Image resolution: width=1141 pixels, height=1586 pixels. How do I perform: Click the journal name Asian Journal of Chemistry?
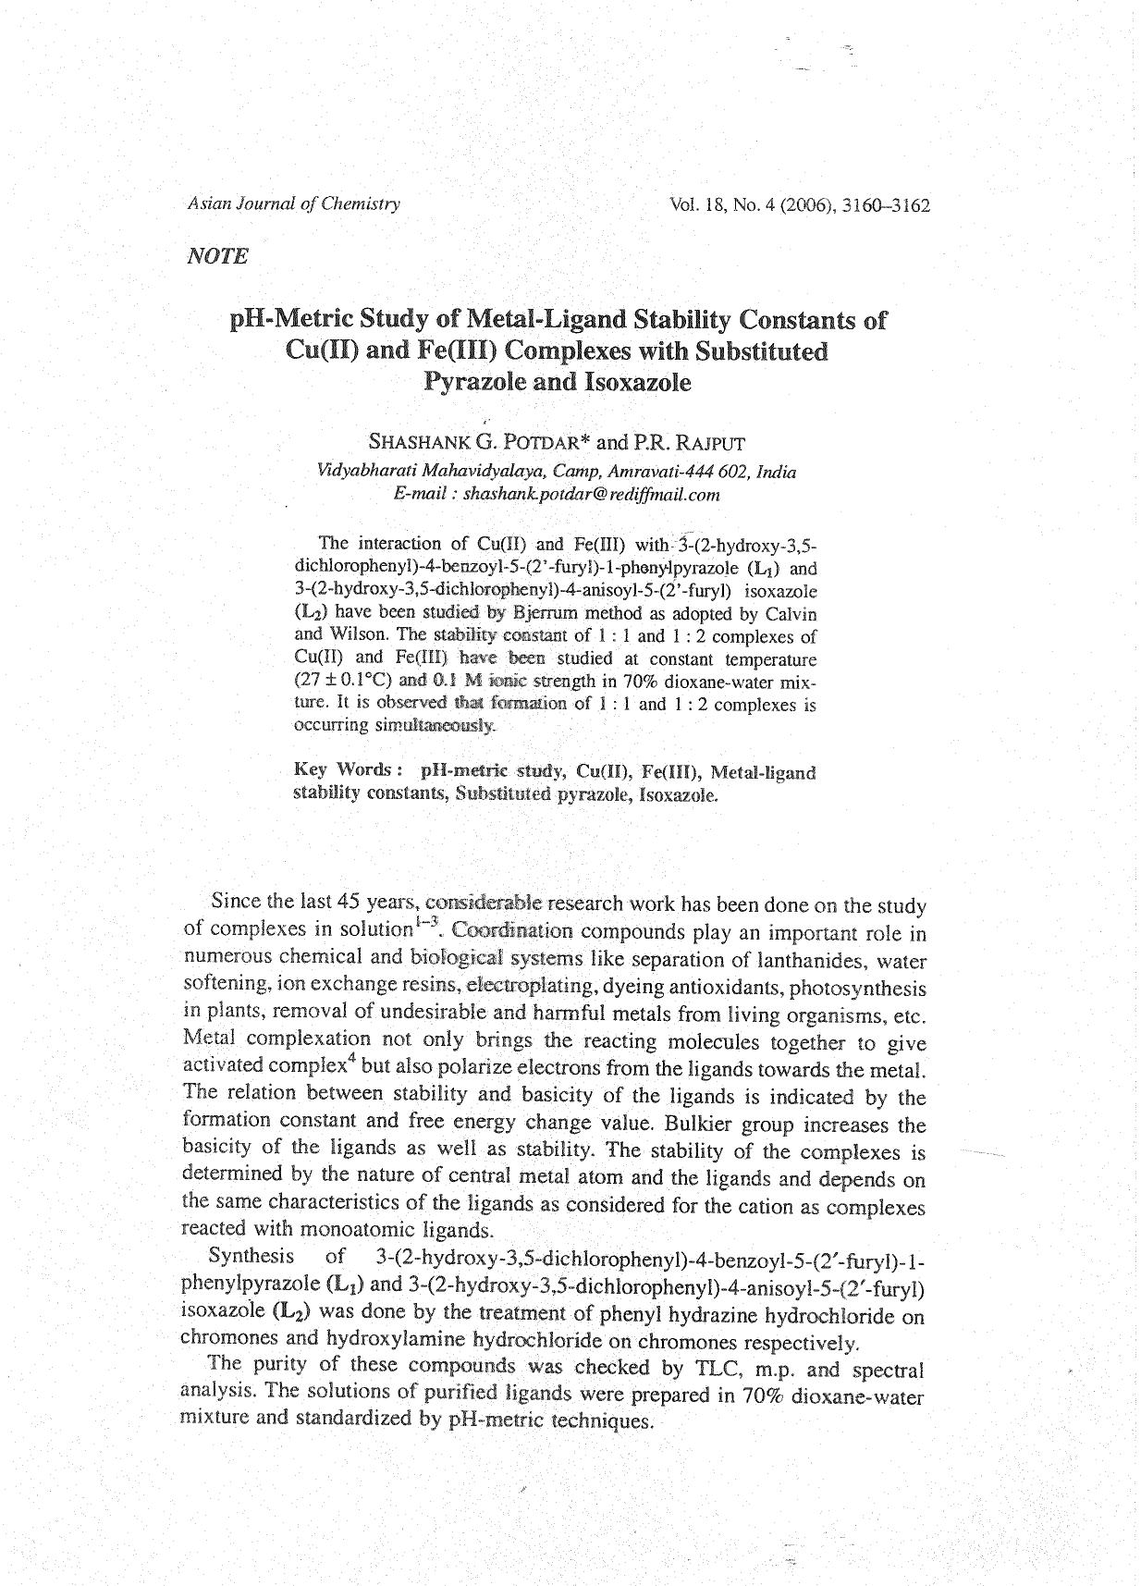(293, 204)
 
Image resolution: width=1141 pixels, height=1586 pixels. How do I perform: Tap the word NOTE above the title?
(217, 256)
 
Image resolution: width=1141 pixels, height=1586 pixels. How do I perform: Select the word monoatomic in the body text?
(354, 1230)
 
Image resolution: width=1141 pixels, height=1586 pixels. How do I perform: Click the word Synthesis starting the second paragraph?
(252, 1256)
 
